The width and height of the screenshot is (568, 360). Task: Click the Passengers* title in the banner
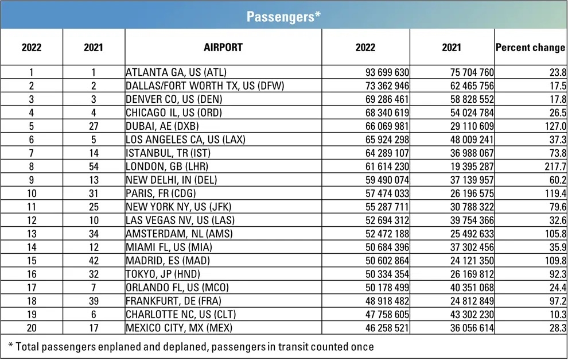(283, 16)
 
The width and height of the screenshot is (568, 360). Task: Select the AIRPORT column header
(223, 47)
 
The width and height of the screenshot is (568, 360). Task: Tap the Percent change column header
(530, 48)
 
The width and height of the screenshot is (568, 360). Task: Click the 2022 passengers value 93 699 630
(387, 73)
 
